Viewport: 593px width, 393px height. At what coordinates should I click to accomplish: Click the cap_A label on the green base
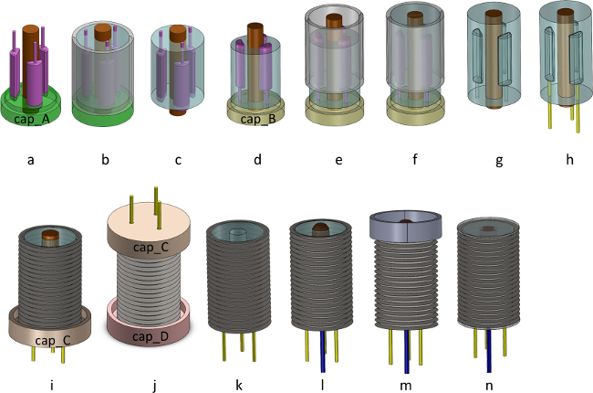(32, 119)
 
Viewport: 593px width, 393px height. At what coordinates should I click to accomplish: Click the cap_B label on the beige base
(258, 119)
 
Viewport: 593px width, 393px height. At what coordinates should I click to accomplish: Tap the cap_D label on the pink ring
(151, 336)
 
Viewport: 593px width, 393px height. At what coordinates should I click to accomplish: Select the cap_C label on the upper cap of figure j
(151, 248)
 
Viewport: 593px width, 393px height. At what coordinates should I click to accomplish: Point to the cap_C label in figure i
(53, 341)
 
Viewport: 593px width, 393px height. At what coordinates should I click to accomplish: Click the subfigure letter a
(31, 160)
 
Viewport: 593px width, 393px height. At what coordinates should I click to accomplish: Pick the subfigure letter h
(569, 159)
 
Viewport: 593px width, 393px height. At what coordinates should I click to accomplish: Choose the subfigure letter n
(489, 386)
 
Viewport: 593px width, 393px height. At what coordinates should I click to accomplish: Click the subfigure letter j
(155, 386)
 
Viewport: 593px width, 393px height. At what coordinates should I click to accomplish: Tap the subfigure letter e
(338, 160)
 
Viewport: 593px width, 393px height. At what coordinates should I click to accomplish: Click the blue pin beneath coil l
(323, 351)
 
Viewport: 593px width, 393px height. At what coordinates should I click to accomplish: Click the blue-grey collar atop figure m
(405, 226)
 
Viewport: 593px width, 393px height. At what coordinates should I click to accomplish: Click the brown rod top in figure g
(494, 15)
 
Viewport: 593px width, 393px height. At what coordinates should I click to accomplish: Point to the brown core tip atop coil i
(50, 235)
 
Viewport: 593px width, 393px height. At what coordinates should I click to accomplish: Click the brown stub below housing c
(178, 112)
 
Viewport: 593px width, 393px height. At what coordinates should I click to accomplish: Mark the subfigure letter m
(405, 386)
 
